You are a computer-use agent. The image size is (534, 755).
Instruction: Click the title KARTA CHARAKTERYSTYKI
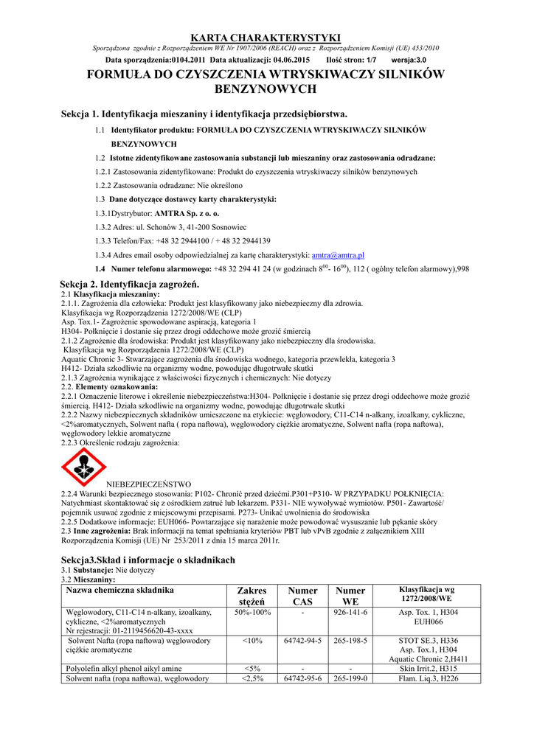click(x=266, y=38)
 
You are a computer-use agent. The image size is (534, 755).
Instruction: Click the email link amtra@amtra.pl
click(x=335, y=254)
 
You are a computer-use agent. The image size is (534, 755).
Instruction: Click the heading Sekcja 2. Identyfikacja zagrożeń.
click(x=130, y=284)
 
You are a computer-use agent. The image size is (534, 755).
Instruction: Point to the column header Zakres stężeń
click(x=252, y=596)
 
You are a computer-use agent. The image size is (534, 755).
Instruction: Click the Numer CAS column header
click(x=302, y=596)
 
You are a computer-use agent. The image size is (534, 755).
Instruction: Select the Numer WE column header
click(x=350, y=596)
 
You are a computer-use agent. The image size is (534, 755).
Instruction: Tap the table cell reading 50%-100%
click(x=252, y=613)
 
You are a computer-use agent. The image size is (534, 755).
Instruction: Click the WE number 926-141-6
click(x=350, y=613)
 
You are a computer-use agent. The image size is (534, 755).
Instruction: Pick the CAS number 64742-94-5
click(x=302, y=641)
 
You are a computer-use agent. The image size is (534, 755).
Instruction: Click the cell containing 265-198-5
click(x=350, y=641)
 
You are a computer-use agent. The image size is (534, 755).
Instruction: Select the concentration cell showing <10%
click(x=252, y=641)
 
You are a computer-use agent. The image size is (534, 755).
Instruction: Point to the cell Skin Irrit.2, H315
click(x=428, y=669)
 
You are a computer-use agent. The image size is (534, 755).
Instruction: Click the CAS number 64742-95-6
click(x=302, y=678)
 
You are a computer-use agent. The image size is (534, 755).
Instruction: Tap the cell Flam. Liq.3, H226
click(x=428, y=678)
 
